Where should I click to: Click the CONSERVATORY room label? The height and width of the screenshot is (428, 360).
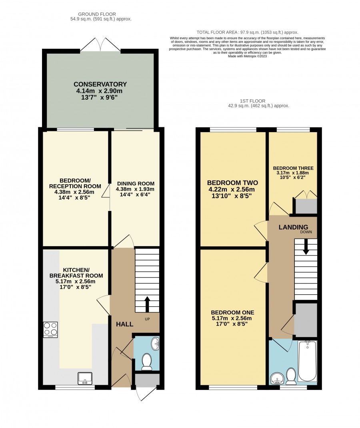100,84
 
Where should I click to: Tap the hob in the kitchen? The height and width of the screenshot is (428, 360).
50,330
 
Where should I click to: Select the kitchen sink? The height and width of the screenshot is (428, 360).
85,378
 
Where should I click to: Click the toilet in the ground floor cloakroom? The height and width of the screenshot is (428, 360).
147,362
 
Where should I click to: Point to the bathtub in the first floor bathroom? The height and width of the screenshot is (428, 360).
307,361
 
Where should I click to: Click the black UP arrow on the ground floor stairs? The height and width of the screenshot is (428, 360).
147,304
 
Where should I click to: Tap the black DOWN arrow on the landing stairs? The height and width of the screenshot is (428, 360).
306,247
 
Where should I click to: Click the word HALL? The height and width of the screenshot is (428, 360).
125,324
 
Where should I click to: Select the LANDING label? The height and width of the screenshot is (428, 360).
293,227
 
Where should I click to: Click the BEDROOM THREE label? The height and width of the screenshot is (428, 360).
293,168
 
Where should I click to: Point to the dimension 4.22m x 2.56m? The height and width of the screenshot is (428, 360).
232,189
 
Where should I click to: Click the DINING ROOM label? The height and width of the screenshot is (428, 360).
136,183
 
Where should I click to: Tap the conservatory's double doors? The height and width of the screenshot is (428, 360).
100,44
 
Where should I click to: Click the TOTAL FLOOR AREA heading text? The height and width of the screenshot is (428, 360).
247,32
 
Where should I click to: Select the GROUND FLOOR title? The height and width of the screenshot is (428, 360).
97,14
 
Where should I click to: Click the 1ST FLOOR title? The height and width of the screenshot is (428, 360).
252,101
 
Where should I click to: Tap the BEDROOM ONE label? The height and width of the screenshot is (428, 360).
232,313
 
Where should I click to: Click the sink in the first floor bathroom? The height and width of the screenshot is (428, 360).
277,379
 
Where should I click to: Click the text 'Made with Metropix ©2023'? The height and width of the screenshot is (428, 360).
247,56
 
